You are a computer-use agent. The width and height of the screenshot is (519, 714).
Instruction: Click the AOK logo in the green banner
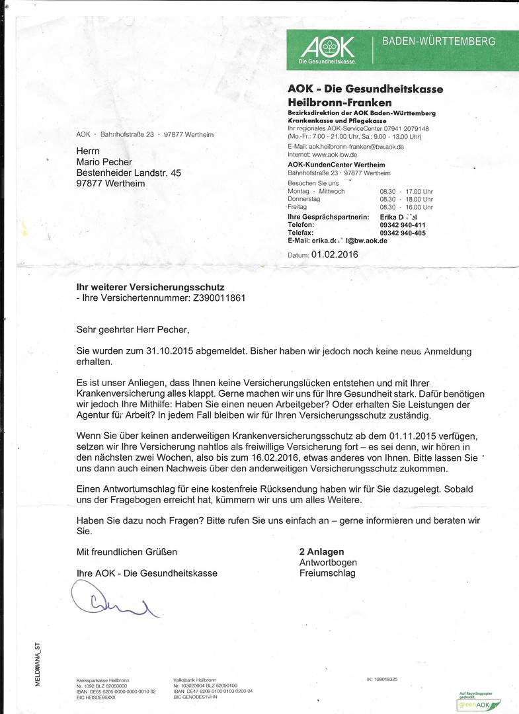point(329,48)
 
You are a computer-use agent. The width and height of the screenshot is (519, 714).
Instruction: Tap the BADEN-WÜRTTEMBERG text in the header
point(438,42)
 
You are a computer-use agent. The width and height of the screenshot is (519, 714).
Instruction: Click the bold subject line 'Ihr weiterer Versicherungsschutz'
point(151,287)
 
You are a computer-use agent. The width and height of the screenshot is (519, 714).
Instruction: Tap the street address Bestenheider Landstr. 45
point(128,173)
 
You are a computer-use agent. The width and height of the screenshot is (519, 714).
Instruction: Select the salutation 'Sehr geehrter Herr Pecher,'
point(137,329)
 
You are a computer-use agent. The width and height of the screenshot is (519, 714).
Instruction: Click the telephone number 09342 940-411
point(403,225)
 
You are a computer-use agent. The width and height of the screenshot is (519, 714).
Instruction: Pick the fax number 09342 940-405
point(403,233)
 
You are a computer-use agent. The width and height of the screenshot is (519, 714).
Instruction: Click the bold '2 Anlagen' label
point(322,551)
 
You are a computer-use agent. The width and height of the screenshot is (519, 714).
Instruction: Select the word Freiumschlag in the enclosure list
point(327,573)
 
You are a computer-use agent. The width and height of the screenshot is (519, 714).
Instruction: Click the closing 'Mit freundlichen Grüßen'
point(127,551)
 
